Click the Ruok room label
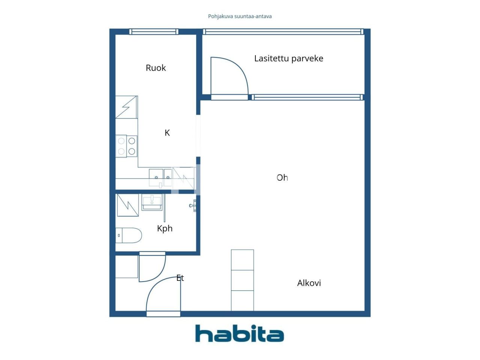[156, 68]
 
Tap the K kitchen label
[167, 133]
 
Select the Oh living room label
[282, 178]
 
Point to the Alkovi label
[309, 283]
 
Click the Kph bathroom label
[165, 229]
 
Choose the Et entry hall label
[180, 278]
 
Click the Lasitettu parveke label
[288, 58]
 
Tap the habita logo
[240, 333]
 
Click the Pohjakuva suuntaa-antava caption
[240, 16]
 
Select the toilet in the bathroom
[128, 235]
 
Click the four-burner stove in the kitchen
[126, 146]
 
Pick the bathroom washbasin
[152, 202]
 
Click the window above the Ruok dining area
[154, 32]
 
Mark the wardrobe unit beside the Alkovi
[242, 280]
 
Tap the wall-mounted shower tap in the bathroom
[193, 205]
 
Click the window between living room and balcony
[307, 97]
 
